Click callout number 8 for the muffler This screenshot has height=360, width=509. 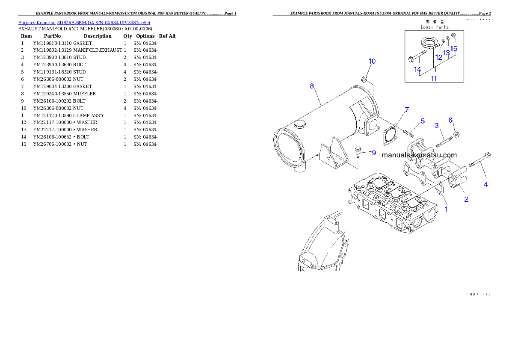[x=312, y=86]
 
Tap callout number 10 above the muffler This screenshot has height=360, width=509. [x=372, y=61]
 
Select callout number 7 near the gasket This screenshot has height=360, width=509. [x=407, y=109]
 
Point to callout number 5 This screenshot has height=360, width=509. [x=423, y=121]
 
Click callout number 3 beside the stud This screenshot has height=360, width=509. [x=437, y=125]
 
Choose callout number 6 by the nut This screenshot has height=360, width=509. [x=450, y=120]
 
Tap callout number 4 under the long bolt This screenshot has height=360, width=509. [x=486, y=184]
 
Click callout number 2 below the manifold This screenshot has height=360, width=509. [x=466, y=199]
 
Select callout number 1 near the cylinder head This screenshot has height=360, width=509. [x=446, y=209]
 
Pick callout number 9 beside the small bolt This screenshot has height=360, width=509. [x=373, y=153]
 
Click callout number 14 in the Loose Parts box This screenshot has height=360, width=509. [x=417, y=69]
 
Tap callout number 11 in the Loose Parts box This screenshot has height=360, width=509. [x=434, y=78]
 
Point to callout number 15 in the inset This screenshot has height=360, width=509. [x=454, y=49]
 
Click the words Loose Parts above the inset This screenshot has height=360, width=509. [x=434, y=27]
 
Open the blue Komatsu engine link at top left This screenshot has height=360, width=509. [x=84, y=23]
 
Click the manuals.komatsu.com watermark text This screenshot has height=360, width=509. [x=419, y=155]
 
